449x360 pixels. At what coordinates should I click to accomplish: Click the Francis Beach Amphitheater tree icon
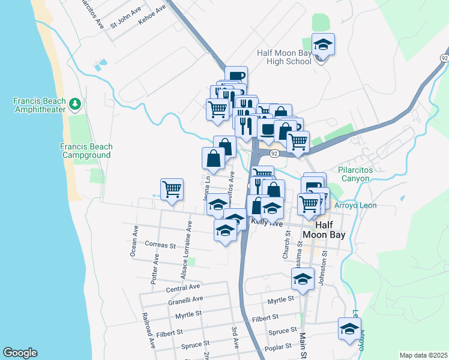pos(75,104)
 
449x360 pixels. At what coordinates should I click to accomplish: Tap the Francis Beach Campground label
pos(86,151)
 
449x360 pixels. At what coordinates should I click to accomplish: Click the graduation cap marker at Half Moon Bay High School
pos(323,45)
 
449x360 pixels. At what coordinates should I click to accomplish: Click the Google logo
pos(20,353)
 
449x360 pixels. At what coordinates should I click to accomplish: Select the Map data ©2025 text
pos(423,355)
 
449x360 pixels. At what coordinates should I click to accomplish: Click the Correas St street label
pos(160,245)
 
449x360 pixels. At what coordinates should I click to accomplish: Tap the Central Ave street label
pos(182,289)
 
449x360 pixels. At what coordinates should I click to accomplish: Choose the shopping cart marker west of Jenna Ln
pos(172,190)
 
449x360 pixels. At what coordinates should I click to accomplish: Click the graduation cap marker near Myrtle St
pos(303,279)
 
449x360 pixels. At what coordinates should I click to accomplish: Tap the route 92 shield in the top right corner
pos(444,58)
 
